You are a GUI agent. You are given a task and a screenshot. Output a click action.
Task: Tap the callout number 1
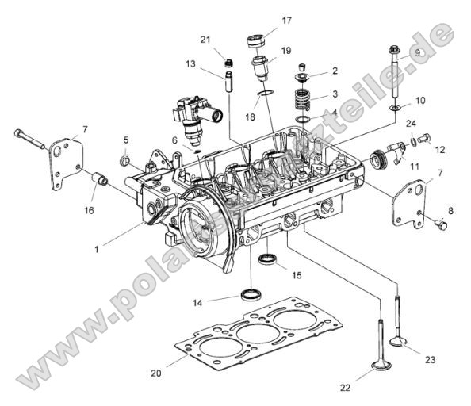point(96,249)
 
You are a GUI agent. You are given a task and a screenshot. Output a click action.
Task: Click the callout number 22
point(344,388)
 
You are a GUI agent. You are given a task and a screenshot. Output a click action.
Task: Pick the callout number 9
point(417,53)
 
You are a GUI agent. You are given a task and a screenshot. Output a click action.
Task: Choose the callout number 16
point(90,210)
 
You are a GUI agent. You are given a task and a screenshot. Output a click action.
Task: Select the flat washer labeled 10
point(394,106)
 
